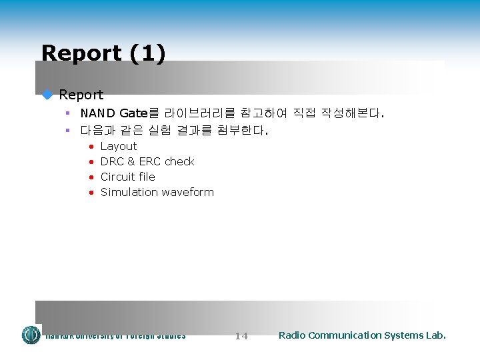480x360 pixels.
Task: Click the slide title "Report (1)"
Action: [103, 53]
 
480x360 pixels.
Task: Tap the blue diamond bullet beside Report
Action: [47, 95]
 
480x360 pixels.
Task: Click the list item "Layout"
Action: [118, 146]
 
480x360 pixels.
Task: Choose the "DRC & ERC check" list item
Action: [147, 161]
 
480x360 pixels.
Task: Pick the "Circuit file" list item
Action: [127, 177]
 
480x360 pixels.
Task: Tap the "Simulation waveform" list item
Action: [157, 192]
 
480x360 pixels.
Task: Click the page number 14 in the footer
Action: [241, 336]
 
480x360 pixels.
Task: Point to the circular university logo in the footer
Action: [31, 335]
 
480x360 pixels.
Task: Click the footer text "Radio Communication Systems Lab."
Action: [362, 335]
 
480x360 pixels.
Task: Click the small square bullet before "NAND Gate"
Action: [68, 113]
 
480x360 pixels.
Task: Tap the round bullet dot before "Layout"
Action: [91, 147]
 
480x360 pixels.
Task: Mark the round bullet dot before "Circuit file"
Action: [91, 177]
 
